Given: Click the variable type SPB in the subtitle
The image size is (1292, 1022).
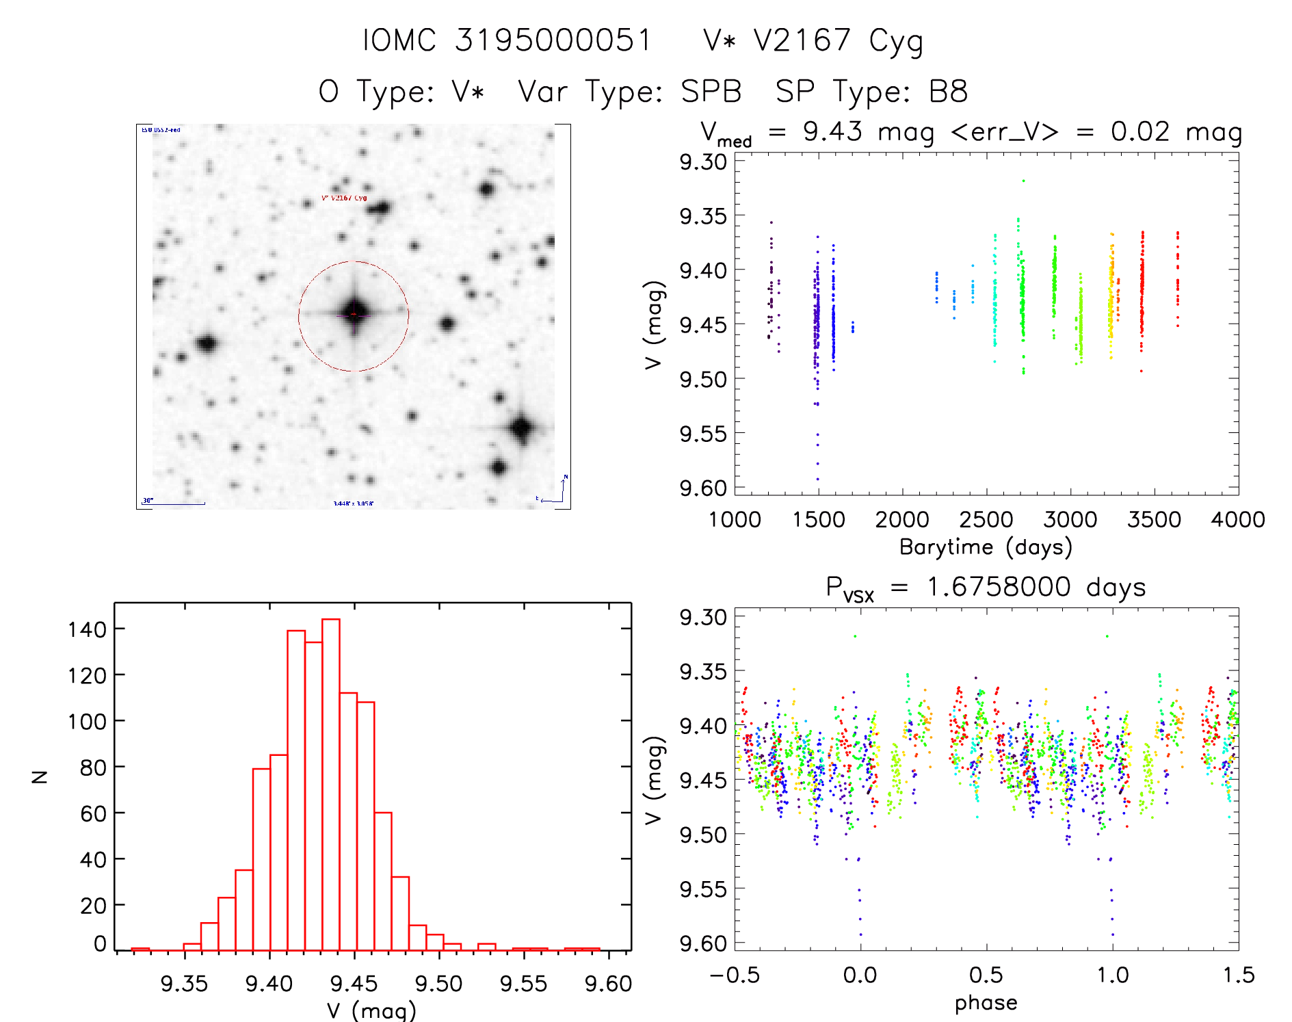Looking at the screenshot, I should pyautogui.click(x=711, y=92).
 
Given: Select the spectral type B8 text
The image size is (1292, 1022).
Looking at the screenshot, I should pyautogui.click(x=948, y=92).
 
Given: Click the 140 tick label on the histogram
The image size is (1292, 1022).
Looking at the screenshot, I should pyautogui.click(x=87, y=629).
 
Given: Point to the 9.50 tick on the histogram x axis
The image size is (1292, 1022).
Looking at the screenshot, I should pyautogui.click(x=438, y=984).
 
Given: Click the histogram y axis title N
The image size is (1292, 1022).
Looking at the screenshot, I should pyautogui.click(x=40, y=776).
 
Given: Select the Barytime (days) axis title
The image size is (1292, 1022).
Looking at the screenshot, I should pyautogui.click(x=986, y=547).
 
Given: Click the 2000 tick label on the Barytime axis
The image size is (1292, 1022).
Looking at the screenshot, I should pyautogui.click(x=902, y=520).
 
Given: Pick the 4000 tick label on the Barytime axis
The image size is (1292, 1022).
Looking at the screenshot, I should pyautogui.click(x=1238, y=520).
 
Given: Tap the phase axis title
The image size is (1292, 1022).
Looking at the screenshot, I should pyautogui.click(x=986, y=1003).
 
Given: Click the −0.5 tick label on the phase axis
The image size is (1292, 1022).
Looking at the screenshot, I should pyautogui.click(x=734, y=975).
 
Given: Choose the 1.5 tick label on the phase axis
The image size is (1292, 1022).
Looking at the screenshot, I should pyautogui.click(x=1239, y=975).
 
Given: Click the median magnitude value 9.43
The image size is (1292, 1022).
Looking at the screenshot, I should pyautogui.click(x=832, y=131).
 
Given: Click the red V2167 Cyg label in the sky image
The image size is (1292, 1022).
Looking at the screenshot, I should pyautogui.click(x=344, y=198).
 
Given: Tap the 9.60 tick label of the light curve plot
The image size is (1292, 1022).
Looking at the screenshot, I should pyautogui.click(x=702, y=488).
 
